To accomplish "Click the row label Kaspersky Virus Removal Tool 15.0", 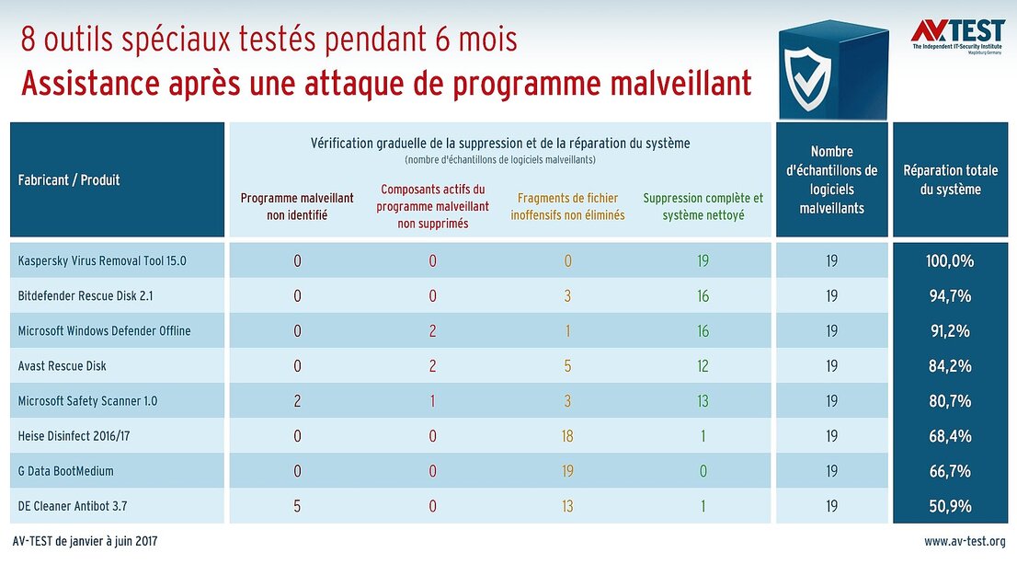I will (x=102, y=260).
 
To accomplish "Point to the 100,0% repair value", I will (x=950, y=260).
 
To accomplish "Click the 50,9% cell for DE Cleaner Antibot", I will (x=950, y=506).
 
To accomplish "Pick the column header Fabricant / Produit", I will (x=69, y=179).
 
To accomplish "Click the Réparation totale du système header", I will (x=950, y=179).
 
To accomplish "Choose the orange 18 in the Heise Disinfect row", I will (x=567, y=436).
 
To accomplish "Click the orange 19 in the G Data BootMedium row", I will (x=567, y=471).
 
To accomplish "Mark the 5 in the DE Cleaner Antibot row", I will (x=297, y=506).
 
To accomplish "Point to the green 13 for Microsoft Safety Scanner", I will (x=703, y=401).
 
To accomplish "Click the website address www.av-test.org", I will (x=964, y=542).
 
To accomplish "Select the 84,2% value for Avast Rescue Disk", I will (x=950, y=366).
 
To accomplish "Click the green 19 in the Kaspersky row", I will (x=703, y=260).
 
